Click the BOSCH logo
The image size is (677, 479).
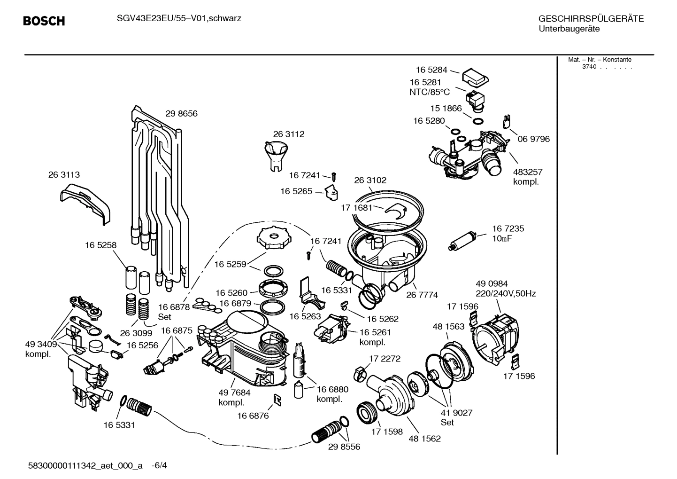(x=44, y=21)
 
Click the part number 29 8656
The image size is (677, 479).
(x=181, y=114)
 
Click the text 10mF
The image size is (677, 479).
(x=501, y=239)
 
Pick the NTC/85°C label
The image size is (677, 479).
(x=429, y=93)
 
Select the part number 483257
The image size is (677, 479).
(x=527, y=172)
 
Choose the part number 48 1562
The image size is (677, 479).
(x=424, y=439)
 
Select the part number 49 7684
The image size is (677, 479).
(x=234, y=393)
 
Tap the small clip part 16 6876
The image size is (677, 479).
(x=277, y=399)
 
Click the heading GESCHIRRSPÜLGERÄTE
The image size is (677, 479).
(x=591, y=19)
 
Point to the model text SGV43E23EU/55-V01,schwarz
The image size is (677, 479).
(x=178, y=18)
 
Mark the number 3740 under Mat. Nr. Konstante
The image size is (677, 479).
(x=589, y=67)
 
